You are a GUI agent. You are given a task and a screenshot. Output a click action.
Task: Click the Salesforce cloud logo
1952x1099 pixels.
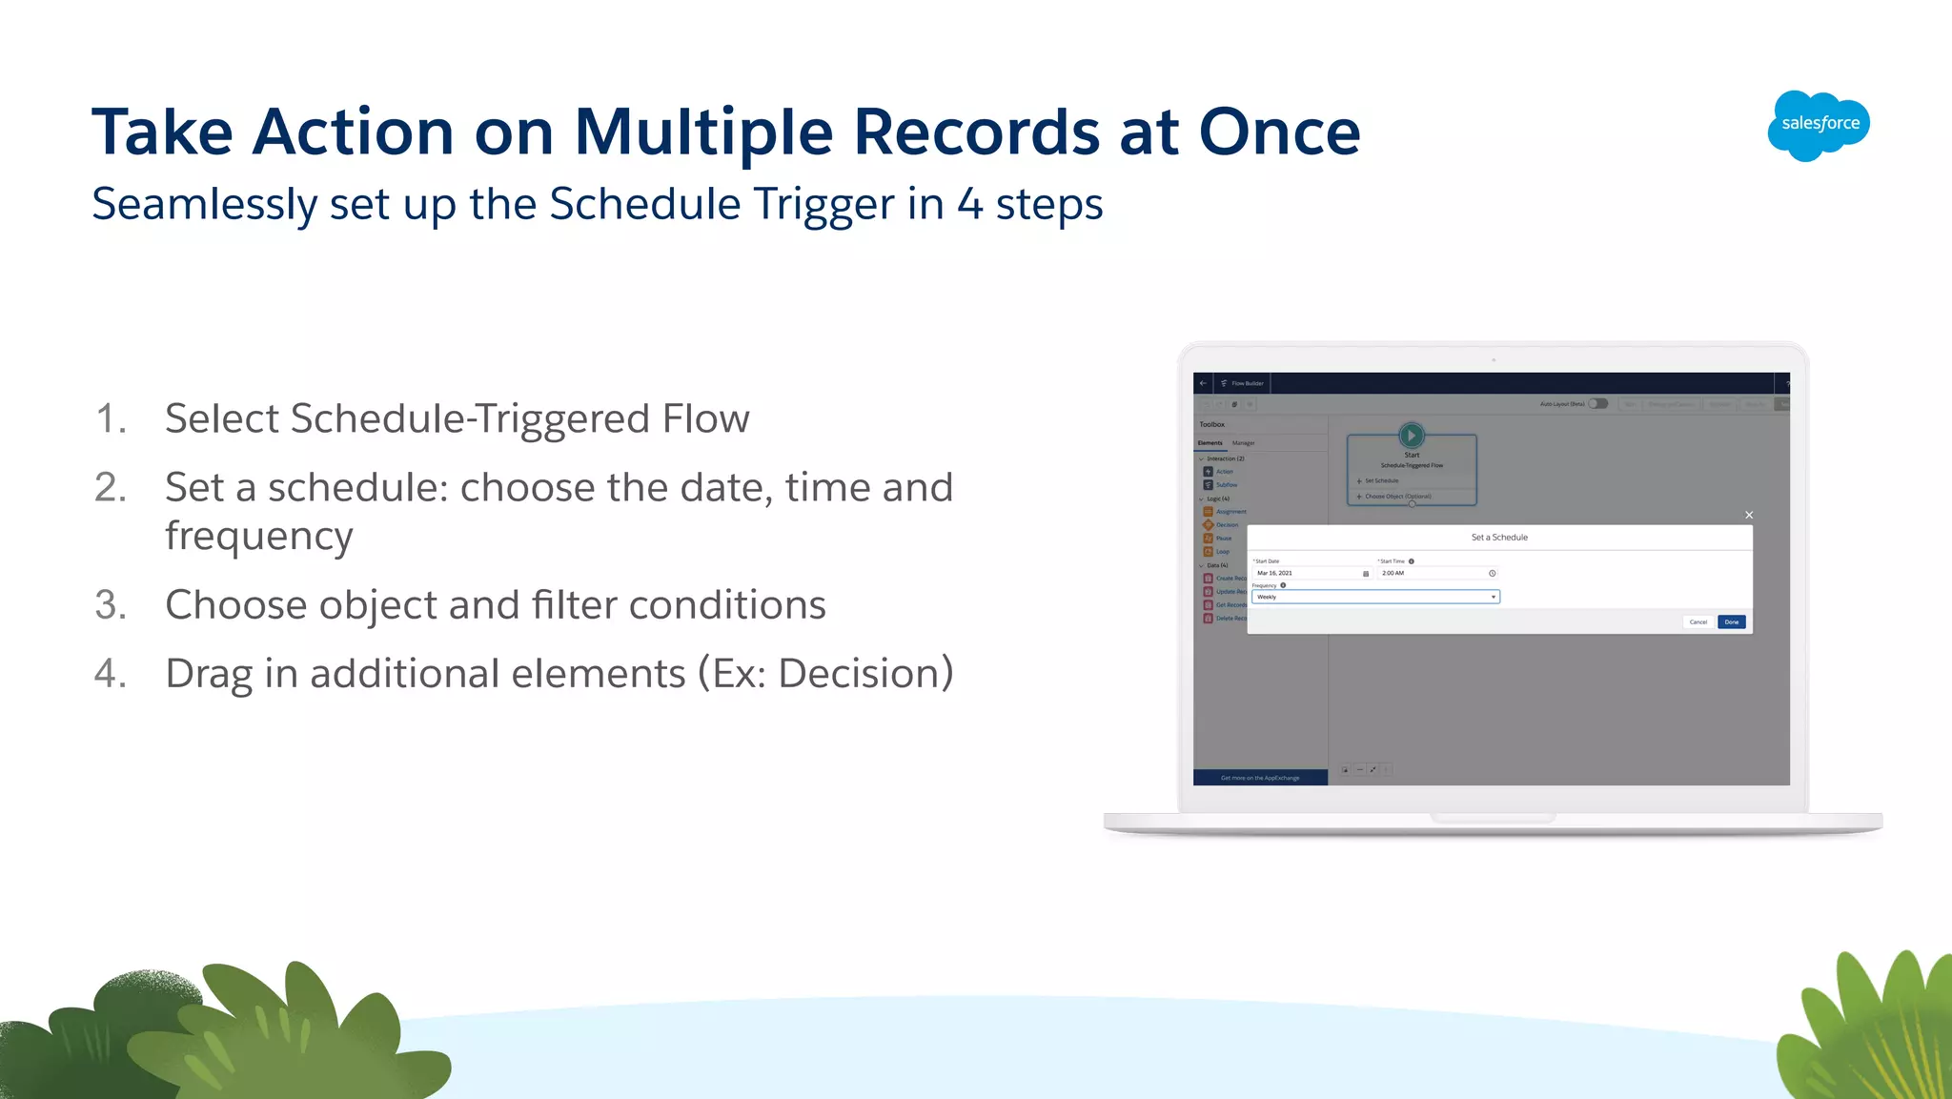click(1818, 125)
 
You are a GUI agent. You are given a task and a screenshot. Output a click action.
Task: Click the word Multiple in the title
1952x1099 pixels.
click(703, 132)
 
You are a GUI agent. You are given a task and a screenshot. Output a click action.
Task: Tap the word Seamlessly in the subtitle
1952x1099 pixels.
click(204, 205)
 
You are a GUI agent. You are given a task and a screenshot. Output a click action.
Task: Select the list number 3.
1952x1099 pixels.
click(111, 605)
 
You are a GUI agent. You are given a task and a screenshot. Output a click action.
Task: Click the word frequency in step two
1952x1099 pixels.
click(258, 537)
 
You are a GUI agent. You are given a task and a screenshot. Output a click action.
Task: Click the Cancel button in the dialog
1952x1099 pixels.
click(1698, 622)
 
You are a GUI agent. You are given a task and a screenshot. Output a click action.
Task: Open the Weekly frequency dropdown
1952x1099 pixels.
click(1375, 597)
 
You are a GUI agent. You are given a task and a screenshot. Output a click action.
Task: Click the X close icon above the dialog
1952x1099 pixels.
click(1749, 515)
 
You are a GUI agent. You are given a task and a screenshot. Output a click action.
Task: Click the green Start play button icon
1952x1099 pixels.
click(1412, 436)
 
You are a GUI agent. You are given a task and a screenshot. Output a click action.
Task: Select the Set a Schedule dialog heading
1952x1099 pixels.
click(1499, 538)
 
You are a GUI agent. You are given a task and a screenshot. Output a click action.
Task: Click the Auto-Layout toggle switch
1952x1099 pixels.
click(1598, 404)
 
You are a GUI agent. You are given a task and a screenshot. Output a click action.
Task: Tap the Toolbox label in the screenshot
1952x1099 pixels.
click(1211, 425)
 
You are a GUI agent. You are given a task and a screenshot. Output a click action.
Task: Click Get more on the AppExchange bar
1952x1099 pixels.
click(1260, 778)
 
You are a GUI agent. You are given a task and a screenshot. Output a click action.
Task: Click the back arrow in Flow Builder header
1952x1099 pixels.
click(1203, 383)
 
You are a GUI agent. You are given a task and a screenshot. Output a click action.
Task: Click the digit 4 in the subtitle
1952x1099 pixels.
click(969, 205)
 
